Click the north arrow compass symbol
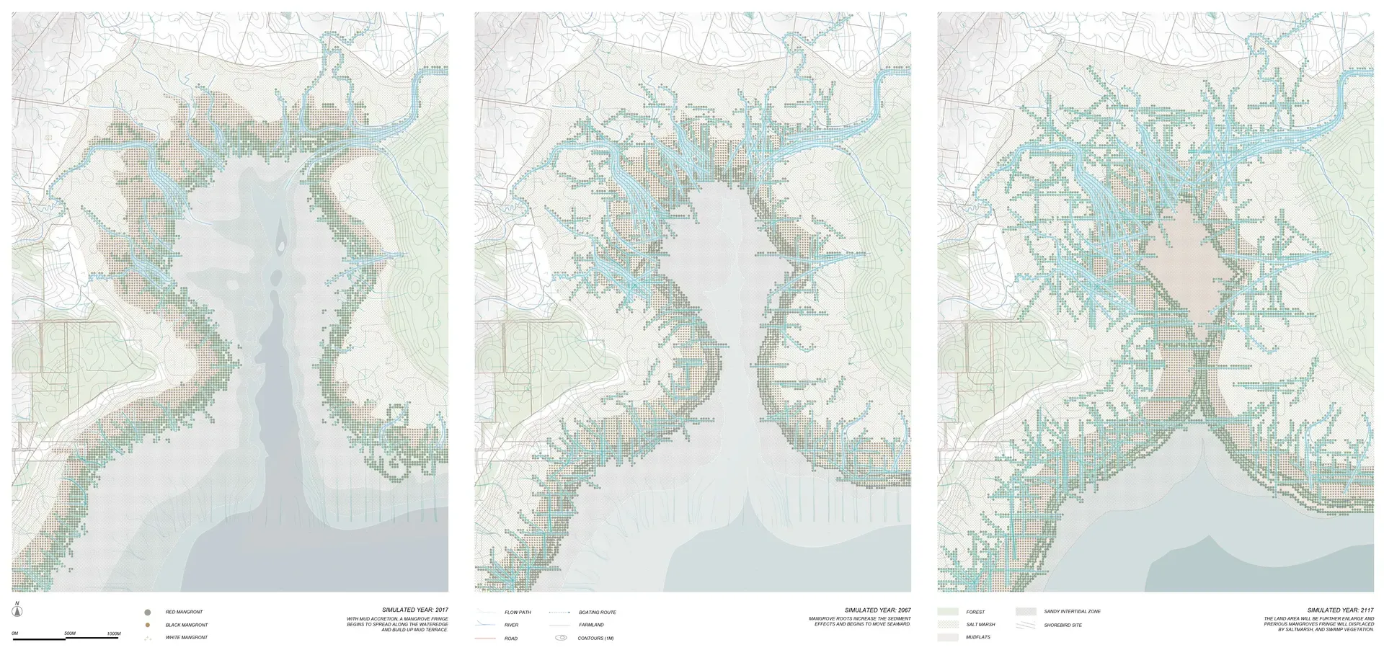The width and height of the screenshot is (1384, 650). tap(17, 611)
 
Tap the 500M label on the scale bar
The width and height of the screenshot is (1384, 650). tap(70, 633)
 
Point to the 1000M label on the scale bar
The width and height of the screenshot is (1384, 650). tap(114, 633)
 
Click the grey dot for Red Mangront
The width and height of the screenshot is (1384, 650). tap(148, 612)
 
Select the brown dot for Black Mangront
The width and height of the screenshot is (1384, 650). tap(148, 625)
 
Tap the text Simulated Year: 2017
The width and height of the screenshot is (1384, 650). tap(414, 610)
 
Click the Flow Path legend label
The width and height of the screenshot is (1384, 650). tap(518, 612)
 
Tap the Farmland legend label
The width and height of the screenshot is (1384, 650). tap(591, 625)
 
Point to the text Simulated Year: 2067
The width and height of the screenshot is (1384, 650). tap(877, 610)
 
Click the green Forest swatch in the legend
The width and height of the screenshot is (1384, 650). tap(948, 612)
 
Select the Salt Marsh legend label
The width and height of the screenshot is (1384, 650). tap(980, 625)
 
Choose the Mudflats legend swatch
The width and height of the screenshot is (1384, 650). tap(948, 637)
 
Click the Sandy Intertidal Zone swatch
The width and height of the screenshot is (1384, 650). tap(1026, 611)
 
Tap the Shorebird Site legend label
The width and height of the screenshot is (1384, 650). tap(1063, 625)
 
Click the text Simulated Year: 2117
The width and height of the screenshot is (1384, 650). tap(1340, 610)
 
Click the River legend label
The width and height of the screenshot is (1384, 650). tap(511, 625)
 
